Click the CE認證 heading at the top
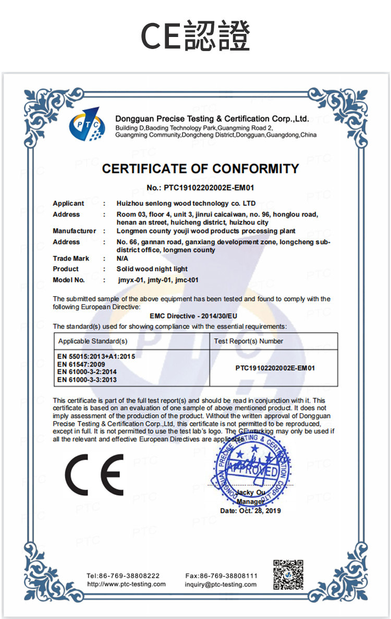(195, 35)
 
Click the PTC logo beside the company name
(85, 126)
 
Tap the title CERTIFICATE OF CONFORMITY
(201, 169)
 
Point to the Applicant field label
(68, 203)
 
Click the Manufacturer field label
(75, 231)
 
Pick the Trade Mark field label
(71, 258)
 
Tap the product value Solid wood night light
(152, 269)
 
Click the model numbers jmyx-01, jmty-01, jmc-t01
(157, 280)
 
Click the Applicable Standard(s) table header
(93, 341)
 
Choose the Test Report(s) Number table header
(249, 341)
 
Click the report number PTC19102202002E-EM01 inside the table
(275, 368)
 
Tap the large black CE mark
(94, 474)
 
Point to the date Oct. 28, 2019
(251, 511)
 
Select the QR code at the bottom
(288, 575)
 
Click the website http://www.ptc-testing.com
(126, 584)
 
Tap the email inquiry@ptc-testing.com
(221, 584)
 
